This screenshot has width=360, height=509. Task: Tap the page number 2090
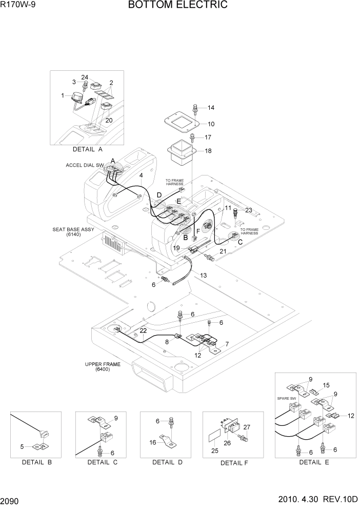pyautogui.click(x=11, y=499)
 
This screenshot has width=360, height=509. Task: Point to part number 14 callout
pyautogui.click(x=211, y=108)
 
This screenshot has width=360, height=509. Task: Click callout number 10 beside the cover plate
pyautogui.click(x=211, y=124)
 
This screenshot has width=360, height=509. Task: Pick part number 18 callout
pyautogui.click(x=208, y=151)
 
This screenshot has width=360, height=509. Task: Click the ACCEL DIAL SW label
pyautogui.click(x=85, y=165)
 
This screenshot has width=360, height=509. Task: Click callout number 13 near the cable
pyautogui.click(x=203, y=276)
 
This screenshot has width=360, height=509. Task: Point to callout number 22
pyautogui.click(x=143, y=330)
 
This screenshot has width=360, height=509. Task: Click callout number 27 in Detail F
pyautogui.click(x=247, y=427)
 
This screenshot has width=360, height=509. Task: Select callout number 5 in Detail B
pyautogui.click(x=22, y=446)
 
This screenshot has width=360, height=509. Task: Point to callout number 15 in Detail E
pyautogui.click(x=326, y=385)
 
